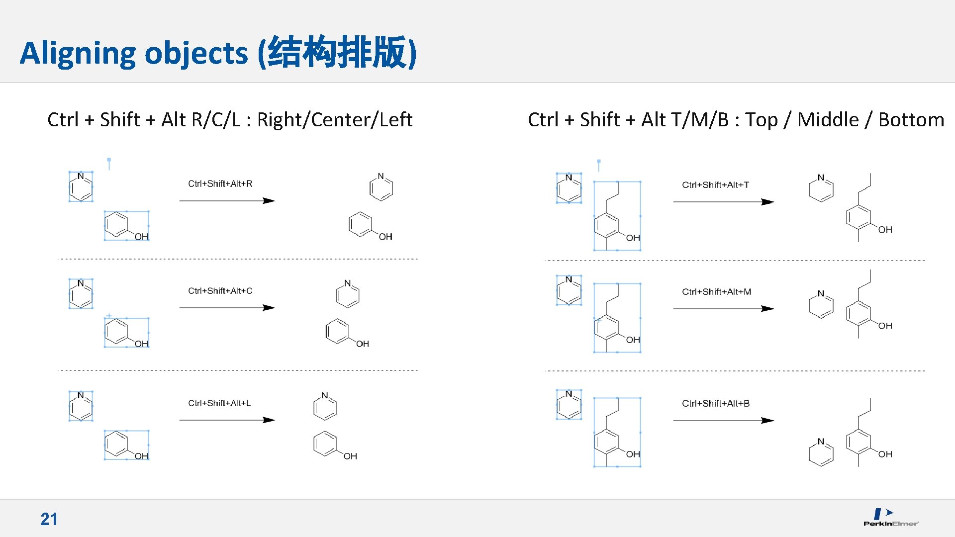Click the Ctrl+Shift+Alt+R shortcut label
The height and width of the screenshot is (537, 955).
(220, 184)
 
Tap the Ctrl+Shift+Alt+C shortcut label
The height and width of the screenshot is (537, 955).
(220, 291)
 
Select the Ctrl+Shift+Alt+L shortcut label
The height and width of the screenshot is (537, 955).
(219, 403)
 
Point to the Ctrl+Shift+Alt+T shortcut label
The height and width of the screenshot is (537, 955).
(715, 185)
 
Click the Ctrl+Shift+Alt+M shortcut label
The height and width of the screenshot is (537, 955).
(716, 292)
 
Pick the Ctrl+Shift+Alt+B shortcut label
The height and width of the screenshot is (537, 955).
(716, 404)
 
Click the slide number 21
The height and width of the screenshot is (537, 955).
(49, 519)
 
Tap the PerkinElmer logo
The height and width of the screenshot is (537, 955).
(890, 517)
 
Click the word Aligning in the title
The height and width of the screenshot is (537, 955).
(77, 53)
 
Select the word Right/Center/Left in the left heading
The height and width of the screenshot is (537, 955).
(334, 120)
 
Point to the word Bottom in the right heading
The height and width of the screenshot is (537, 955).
(911, 120)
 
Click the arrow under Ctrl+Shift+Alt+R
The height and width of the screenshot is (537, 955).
(227, 201)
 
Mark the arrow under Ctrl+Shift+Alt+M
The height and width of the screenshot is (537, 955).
(723, 309)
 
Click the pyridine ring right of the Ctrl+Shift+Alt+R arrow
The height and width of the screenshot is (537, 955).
(382, 188)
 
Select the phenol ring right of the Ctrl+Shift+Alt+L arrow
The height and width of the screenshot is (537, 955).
(325, 444)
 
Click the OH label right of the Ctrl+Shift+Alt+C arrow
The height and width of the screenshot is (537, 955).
(363, 344)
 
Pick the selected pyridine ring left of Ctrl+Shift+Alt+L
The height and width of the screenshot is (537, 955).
(81, 407)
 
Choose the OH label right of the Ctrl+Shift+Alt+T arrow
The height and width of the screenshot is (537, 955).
(885, 230)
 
